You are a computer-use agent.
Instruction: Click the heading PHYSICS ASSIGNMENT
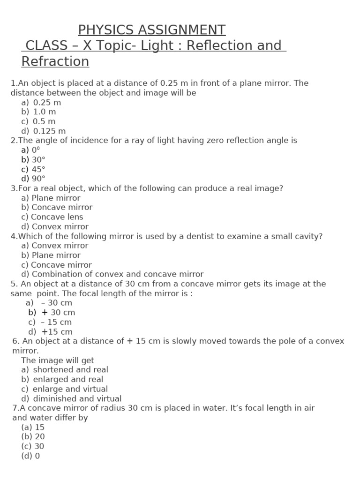pyautogui.click(x=151, y=30)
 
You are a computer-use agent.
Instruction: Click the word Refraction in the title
pyautogui.click(x=55, y=62)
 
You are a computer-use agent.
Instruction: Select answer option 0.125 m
pyautogui.click(x=49, y=131)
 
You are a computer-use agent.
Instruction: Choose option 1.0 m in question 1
pyautogui.click(x=44, y=112)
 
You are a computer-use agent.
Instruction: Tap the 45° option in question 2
pyautogui.click(x=38, y=169)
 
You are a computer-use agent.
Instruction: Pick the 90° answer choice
pyautogui.click(x=38, y=179)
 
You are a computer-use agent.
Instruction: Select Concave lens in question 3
pyautogui.click(x=57, y=217)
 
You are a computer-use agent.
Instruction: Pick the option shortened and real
pyautogui.click(x=70, y=370)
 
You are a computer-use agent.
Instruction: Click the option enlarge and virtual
pyautogui.click(x=70, y=389)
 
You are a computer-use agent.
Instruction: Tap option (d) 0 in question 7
pyautogui.click(x=30, y=456)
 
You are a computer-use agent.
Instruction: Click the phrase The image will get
pyautogui.click(x=58, y=360)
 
